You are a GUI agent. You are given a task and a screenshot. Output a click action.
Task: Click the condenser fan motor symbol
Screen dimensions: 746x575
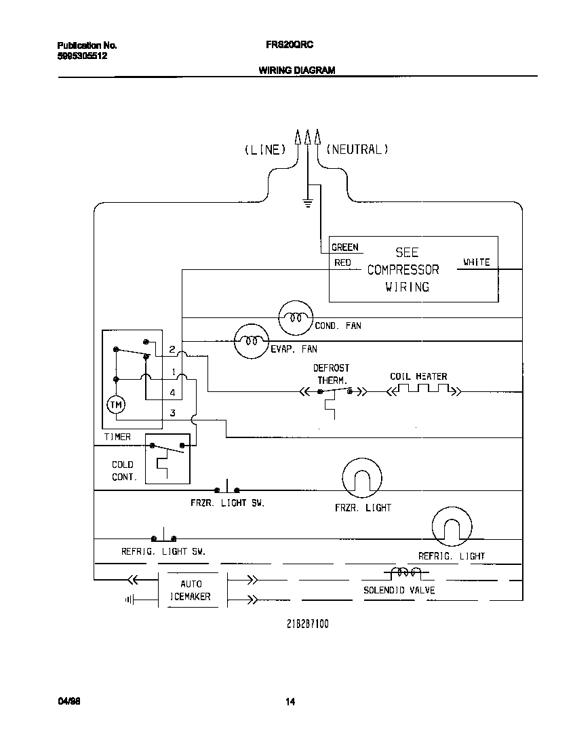(x=296, y=316)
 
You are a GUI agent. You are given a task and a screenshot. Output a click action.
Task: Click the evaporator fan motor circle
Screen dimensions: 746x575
(x=252, y=341)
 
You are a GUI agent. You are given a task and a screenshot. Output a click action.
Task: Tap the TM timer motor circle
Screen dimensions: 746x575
(x=116, y=405)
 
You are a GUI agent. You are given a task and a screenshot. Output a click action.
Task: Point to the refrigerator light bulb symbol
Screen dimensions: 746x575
(x=452, y=527)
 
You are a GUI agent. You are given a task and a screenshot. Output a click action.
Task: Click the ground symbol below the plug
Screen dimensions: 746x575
(x=308, y=203)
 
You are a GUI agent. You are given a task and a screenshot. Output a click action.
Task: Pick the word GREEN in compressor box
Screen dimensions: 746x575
(x=345, y=248)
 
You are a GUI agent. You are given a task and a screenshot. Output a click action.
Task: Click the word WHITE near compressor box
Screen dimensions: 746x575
(x=476, y=262)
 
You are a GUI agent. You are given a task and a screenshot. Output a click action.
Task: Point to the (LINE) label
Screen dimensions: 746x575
(x=265, y=150)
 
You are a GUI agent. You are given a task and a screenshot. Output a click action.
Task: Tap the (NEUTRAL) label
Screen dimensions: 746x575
(x=357, y=150)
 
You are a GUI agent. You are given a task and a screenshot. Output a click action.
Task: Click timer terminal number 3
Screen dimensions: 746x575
(x=173, y=412)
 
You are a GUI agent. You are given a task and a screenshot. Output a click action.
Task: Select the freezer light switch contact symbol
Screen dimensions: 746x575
(x=227, y=488)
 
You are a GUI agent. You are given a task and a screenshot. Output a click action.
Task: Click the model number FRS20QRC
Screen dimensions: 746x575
(x=285, y=45)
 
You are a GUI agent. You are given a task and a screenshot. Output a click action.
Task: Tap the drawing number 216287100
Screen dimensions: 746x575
(x=307, y=624)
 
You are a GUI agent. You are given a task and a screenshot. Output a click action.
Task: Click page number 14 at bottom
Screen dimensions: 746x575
(x=290, y=702)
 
